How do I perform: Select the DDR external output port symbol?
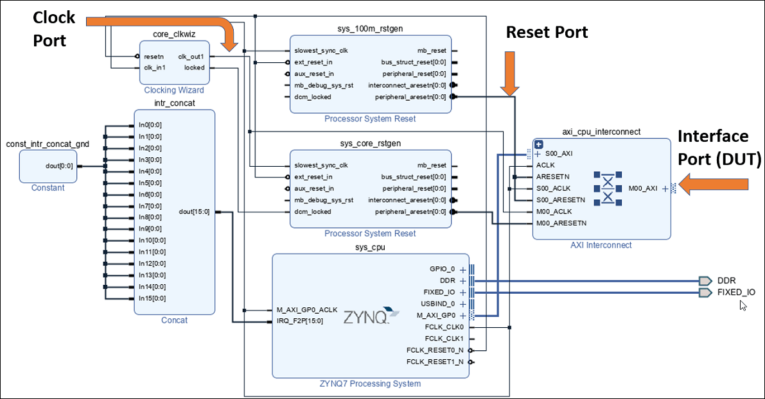[x=705, y=280]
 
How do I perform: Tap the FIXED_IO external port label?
[x=736, y=292]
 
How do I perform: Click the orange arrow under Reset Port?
[x=511, y=74]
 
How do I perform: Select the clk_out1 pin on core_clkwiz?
[x=191, y=56]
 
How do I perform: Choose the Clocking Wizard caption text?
[x=173, y=90]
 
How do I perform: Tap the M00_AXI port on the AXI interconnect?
[x=644, y=188]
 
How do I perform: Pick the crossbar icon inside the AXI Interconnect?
[x=606, y=188]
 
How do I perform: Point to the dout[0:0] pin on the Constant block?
[x=59, y=166]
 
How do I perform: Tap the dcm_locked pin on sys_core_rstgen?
[x=313, y=211]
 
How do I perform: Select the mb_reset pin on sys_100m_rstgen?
[x=432, y=50]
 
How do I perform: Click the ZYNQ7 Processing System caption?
[x=370, y=384]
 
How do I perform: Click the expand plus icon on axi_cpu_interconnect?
[x=539, y=145]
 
